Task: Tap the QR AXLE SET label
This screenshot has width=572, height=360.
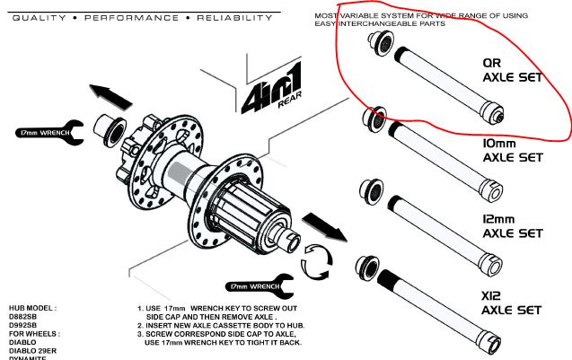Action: coord(513,71)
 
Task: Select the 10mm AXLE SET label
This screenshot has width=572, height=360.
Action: coord(513,150)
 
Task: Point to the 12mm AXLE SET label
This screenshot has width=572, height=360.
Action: coord(513,225)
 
